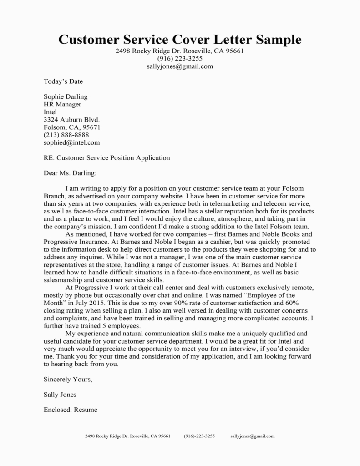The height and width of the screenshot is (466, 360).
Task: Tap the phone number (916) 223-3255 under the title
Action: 180,59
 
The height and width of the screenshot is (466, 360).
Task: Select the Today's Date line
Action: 63,81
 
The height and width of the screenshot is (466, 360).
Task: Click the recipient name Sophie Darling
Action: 65,97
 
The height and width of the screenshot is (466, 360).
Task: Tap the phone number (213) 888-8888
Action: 66,135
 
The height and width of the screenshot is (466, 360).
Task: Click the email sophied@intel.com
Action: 71,143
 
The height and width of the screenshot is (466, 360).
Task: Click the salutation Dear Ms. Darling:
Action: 70,173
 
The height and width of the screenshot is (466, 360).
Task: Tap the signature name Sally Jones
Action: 60,394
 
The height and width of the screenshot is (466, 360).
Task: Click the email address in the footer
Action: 252,436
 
